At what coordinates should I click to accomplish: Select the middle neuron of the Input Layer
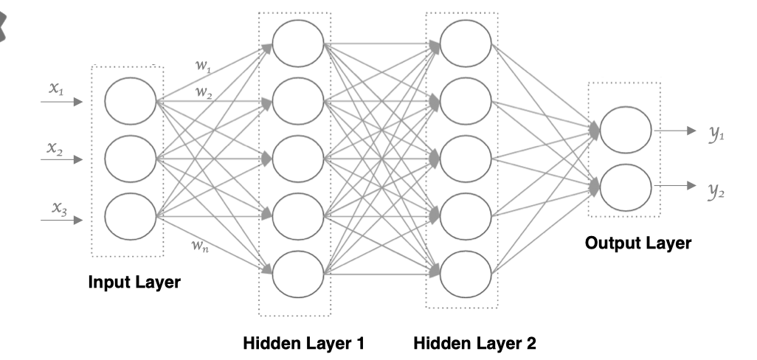click(x=130, y=157)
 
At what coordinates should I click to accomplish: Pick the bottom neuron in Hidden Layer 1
click(x=297, y=272)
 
